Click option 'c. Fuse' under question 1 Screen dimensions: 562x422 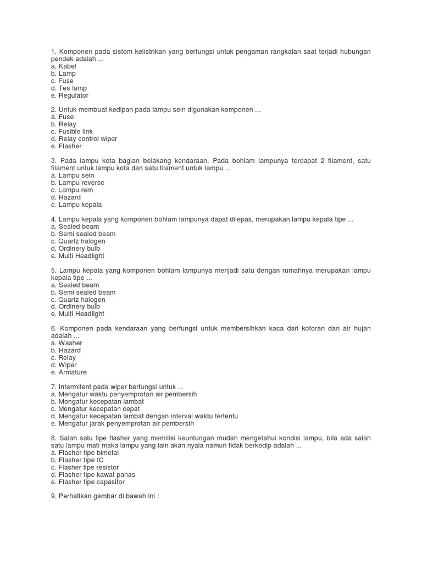(63, 81)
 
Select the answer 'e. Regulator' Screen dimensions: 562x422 (69, 95)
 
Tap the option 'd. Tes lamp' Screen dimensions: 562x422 (69, 88)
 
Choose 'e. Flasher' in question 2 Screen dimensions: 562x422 (66, 147)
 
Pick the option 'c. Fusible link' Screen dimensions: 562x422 (71, 132)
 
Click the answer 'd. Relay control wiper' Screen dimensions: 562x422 (84, 139)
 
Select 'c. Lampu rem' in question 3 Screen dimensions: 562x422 (71, 190)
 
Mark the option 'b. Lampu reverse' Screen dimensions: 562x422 (77, 183)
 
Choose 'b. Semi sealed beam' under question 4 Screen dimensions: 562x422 (83, 234)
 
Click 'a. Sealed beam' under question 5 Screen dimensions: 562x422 (75, 285)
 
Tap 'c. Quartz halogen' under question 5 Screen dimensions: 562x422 (78, 300)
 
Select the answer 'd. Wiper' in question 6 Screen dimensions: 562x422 (64, 365)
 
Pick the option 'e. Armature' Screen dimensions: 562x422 (69, 372)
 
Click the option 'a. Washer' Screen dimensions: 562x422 (66, 343)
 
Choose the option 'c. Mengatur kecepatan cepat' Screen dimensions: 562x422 (95, 409)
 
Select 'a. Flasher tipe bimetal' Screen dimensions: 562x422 (84, 453)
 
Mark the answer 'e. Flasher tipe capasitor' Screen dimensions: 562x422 (87, 482)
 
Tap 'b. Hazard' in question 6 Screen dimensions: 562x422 (66, 350)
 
